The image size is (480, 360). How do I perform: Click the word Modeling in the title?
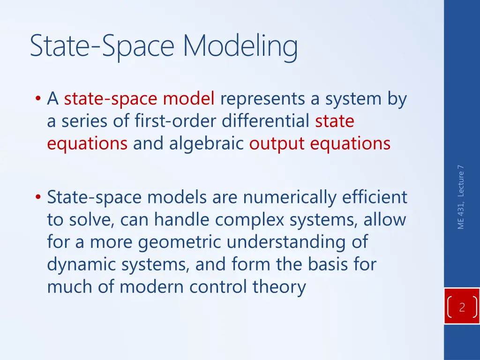tap(240, 47)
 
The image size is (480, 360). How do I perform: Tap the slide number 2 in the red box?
tap(462, 308)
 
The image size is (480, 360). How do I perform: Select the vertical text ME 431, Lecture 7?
tap(461, 197)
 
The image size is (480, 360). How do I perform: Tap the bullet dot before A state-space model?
tap(37, 99)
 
